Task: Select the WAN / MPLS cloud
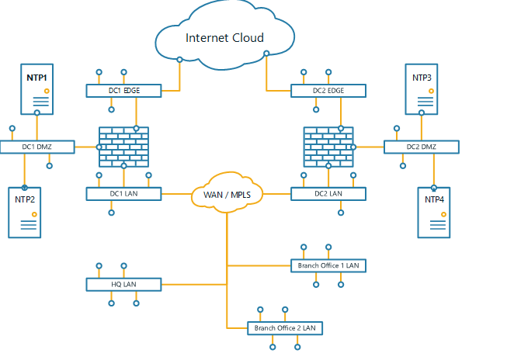click(x=227, y=194)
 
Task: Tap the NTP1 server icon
click(x=36, y=88)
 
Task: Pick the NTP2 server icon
click(x=25, y=212)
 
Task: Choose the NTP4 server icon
click(x=434, y=212)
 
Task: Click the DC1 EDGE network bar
click(x=123, y=91)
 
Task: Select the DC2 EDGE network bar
click(x=328, y=91)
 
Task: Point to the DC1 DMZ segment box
click(x=36, y=146)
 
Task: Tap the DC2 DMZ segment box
click(x=421, y=146)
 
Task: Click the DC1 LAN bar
click(x=123, y=194)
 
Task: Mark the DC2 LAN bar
click(x=328, y=194)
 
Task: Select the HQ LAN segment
click(x=123, y=285)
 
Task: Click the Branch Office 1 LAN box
click(x=328, y=265)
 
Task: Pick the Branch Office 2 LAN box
click(x=285, y=328)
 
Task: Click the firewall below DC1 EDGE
click(x=123, y=147)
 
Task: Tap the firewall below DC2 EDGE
click(x=328, y=147)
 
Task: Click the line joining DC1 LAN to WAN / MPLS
click(x=175, y=194)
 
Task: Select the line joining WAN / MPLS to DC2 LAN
click(x=276, y=194)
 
